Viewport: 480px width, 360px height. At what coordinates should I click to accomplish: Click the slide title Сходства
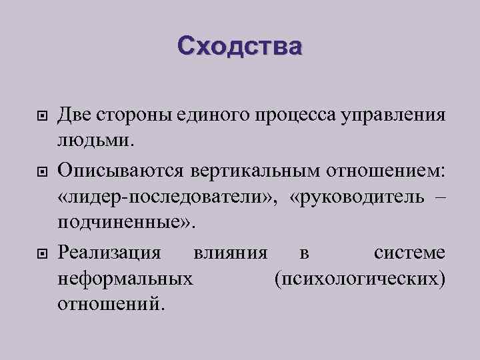(239, 46)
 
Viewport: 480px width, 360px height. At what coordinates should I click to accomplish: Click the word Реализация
(109, 253)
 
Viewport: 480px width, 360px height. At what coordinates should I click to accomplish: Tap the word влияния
(231, 253)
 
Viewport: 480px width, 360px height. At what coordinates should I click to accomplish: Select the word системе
(409, 253)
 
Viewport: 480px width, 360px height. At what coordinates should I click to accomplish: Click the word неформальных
(127, 278)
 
